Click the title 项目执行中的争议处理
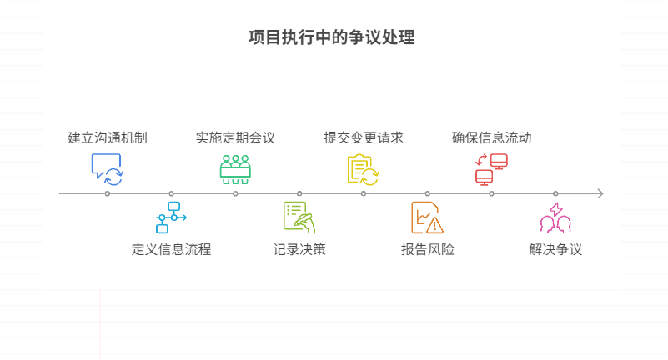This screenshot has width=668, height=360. pos(332,37)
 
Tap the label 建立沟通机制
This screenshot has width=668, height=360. pos(108,137)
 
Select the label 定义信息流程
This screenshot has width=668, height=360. pos(171,249)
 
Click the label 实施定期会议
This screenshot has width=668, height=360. pos(235,137)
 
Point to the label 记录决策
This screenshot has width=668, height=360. pos(299,249)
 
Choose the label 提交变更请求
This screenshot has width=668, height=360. pos(364,137)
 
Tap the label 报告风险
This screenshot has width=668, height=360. pos(428,249)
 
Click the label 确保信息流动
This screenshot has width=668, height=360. pos(491,137)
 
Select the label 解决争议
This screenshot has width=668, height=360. pos(555,249)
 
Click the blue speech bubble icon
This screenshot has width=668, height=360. pos(107,168)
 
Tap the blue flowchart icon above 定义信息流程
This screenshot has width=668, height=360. pos(171,217)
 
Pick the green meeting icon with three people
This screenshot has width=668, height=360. pos(235,168)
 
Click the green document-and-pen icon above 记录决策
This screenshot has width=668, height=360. pos(299,217)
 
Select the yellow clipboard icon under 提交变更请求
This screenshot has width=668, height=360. pos(364,168)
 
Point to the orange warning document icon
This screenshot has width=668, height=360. pos(428,217)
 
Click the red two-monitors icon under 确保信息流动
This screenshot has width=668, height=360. pos(491,168)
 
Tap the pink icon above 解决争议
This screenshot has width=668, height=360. pos(555,217)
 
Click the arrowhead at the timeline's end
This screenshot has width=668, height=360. pos(599,193)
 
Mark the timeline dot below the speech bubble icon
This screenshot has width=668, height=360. pos(108,193)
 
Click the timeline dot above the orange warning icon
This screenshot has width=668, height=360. pos(428,193)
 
